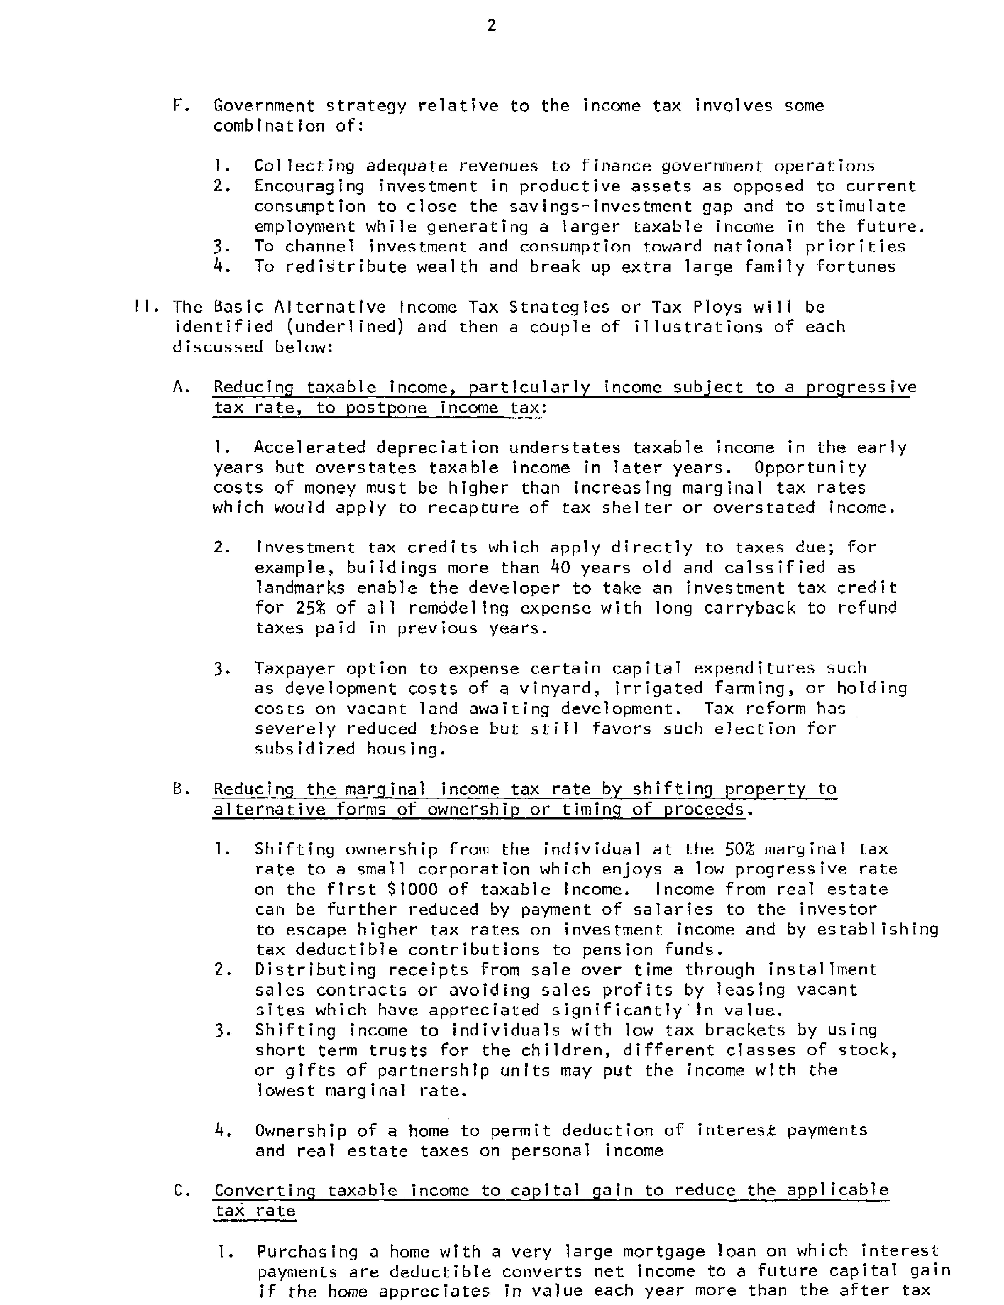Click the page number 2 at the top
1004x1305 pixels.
click(492, 26)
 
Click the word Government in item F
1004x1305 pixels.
click(264, 106)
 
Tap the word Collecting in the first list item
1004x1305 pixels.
click(304, 166)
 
